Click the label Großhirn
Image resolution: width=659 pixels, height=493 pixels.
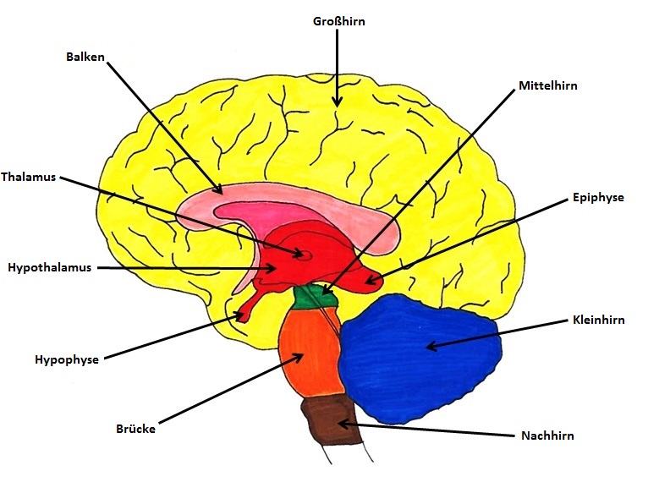338,21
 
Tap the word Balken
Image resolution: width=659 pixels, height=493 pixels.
85,58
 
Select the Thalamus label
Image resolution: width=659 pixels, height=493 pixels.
29,178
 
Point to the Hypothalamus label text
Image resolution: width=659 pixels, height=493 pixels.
49,267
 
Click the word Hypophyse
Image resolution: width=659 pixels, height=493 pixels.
67,359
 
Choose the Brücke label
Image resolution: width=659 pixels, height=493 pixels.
135,429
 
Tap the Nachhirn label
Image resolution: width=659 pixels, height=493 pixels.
547,435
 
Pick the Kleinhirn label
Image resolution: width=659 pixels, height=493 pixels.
598,320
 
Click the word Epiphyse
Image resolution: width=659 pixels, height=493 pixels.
597,197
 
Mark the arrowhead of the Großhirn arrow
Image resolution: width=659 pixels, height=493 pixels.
338,104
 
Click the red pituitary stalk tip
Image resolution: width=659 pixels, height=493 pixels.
242,316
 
